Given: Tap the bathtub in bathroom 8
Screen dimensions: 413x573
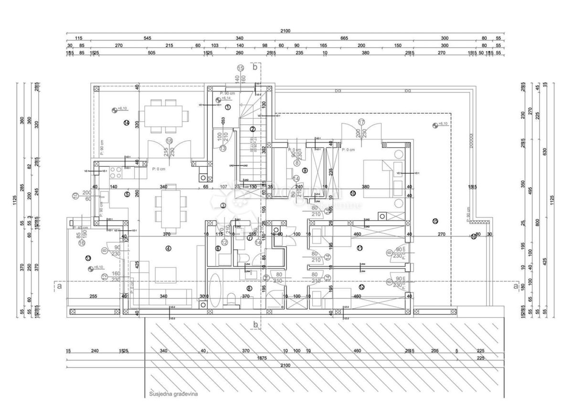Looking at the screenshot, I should tap(214, 289).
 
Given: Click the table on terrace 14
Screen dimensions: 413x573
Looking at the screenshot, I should tap(163, 116).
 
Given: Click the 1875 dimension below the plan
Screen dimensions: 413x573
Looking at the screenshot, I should tap(261, 358).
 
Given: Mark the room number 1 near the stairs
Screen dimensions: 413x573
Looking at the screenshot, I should tap(228, 107).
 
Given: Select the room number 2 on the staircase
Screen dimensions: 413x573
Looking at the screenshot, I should tap(253, 129).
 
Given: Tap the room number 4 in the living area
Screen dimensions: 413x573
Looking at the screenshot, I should tap(168, 248).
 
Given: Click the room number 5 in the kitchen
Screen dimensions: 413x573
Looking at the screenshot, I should tap(127, 194).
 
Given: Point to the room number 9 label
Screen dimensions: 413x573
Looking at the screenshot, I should tap(305, 170).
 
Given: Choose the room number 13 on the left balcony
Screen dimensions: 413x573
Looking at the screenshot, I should tap(88, 258).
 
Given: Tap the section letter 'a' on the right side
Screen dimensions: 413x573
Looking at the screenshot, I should tap(515, 286).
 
